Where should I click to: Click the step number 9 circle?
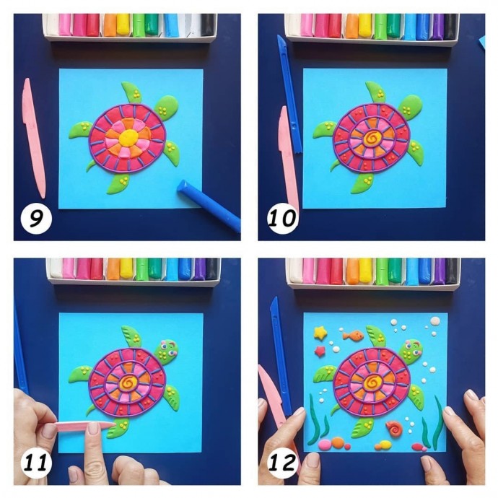[x=36, y=219]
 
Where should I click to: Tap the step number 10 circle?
[x=282, y=219]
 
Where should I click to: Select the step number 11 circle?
[x=36, y=463]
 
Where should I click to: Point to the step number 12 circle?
[x=282, y=463]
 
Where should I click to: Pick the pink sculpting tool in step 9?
[x=33, y=138]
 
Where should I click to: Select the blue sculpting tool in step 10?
[x=289, y=94]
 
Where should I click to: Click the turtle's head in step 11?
[x=167, y=350]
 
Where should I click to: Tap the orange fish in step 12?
[x=353, y=335]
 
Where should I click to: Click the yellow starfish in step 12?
[x=320, y=332]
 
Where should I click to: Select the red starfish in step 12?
[x=320, y=351]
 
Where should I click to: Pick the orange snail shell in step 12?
[x=395, y=429]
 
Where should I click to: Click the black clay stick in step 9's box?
[x=207, y=25]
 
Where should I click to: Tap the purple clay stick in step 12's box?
[x=440, y=271]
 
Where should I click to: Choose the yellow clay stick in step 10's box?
[x=365, y=26]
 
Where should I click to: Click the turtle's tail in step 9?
[x=91, y=165]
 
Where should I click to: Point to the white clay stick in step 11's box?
[x=56, y=268]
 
